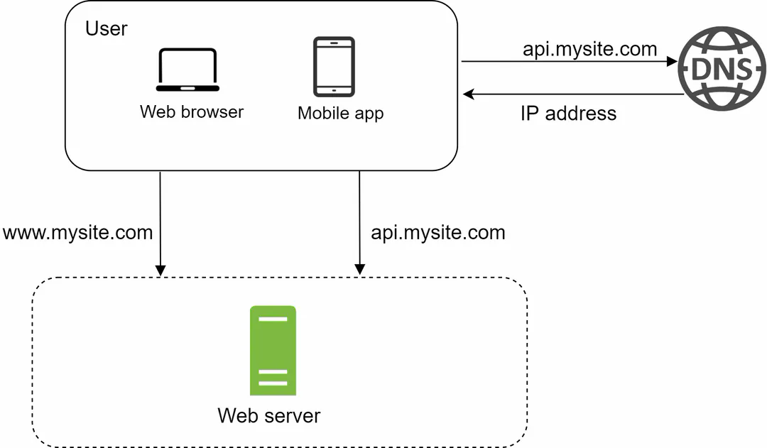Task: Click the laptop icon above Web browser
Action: click(187, 70)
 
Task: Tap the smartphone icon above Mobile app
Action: click(334, 66)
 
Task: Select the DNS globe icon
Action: click(721, 69)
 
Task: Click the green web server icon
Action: click(273, 350)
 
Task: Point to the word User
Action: click(107, 29)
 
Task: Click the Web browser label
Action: click(192, 111)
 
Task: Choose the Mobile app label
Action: click(340, 113)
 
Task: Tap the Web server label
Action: click(268, 415)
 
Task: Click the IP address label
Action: click(568, 113)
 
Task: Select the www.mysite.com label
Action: click(77, 232)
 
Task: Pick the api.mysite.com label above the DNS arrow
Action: click(589, 49)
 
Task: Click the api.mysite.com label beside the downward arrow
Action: click(438, 232)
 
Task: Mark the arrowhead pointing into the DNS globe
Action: click(672, 62)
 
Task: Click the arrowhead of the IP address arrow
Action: click(467, 93)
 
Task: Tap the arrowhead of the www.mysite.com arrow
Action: click(161, 270)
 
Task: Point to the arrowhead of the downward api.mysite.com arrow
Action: click(359, 270)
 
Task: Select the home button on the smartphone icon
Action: click(334, 90)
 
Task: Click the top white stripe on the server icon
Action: click(273, 319)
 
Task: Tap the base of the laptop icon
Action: click(187, 89)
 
